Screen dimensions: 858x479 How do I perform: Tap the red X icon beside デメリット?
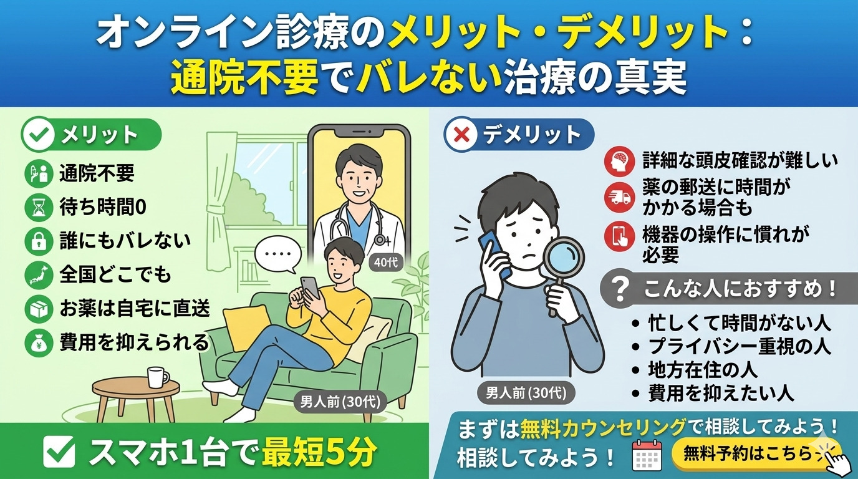pos(461,135)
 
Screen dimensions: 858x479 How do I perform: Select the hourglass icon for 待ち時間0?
pos(39,207)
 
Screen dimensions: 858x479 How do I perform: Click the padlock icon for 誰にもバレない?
pos(39,241)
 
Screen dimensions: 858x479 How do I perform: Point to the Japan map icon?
pos(39,275)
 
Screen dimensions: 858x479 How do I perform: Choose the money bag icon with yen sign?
pos(39,343)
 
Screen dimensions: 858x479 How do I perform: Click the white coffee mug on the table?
pos(157,377)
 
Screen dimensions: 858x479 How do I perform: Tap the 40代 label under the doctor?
pos(386,263)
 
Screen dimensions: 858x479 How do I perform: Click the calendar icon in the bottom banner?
pos(647,455)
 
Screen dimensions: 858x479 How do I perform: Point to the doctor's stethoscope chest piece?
pos(380,240)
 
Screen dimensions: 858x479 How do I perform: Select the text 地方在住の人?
pos(703,370)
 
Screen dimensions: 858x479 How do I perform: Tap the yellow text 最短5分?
pos(319,452)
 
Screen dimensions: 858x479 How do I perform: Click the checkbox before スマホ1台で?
pos(59,452)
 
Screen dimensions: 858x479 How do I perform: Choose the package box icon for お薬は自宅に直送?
pos(39,309)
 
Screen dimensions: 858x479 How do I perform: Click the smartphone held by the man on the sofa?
pos(311,288)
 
